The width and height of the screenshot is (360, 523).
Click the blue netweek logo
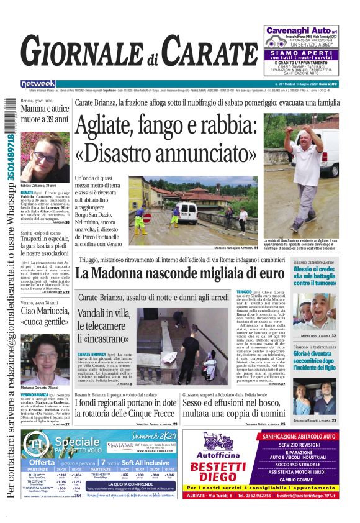click(x=38, y=84)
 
